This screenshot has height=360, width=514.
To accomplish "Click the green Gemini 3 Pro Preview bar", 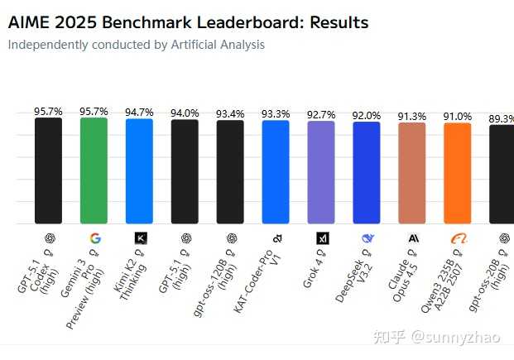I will point(94,170).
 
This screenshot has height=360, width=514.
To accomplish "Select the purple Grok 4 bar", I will point(320,172).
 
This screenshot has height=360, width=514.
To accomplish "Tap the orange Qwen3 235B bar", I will point(457,173).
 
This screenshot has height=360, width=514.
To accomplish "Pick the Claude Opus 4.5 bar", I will point(411,173).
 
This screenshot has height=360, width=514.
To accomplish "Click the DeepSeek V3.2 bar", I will point(366,172).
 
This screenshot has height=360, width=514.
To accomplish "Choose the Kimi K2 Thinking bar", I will point(139,171).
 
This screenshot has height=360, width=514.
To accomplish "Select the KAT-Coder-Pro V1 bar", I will point(276,172).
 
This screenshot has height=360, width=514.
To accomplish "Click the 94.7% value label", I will point(139,113).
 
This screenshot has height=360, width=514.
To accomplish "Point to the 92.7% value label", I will point(320,115).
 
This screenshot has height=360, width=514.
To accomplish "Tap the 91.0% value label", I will point(457,117).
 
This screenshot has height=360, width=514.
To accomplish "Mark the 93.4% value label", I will point(230,114).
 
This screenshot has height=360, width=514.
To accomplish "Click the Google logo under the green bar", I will point(94,238).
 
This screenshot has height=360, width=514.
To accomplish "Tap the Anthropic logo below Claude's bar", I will point(412,238).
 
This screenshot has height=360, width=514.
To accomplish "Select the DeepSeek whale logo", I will point(367,238).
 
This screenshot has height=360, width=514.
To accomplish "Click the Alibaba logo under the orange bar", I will point(458,238).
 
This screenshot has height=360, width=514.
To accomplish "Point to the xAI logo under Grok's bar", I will point(322,238).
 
